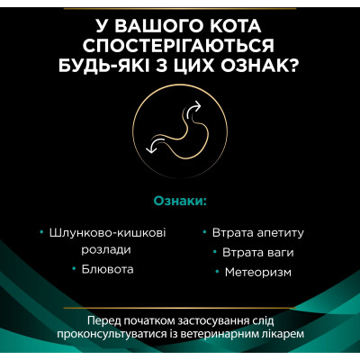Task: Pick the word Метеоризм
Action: [255, 270]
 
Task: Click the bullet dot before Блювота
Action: [75, 268]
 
